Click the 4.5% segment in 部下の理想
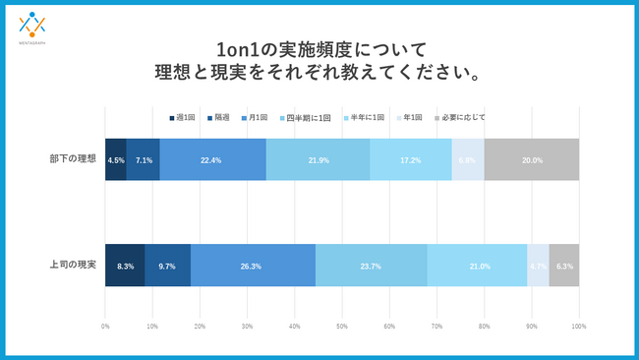pyautogui.click(x=116, y=159)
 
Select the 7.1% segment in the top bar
pyautogui.click(x=144, y=159)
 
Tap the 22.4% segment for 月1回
pyautogui.click(x=212, y=159)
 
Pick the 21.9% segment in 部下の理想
pyautogui.click(x=318, y=159)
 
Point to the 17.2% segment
pyautogui.click(x=410, y=159)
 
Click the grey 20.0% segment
pyautogui.click(x=532, y=159)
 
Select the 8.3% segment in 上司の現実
pyautogui.click(x=125, y=266)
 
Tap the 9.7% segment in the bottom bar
pyautogui.click(x=167, y=266)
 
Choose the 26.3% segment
pyautogui.click(x=253, y=266)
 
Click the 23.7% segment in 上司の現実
pyautogui.click(x=372, y=266)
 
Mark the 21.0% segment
pyautogui.click(x=477, y=266)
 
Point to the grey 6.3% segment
pyautogui.click(x=564, y=266)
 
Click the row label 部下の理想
pyautogui.click(x=73, y=159)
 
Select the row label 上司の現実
pyautogui.click(x=73, y=266)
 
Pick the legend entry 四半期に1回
pyautogui.click(x=310, y=117)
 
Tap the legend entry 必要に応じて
pyautogui.click(x=463, y=117)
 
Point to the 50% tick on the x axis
pyautogui.click(x=342, y=326)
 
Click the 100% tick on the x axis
pyautogui.click(x=578, y=326)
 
